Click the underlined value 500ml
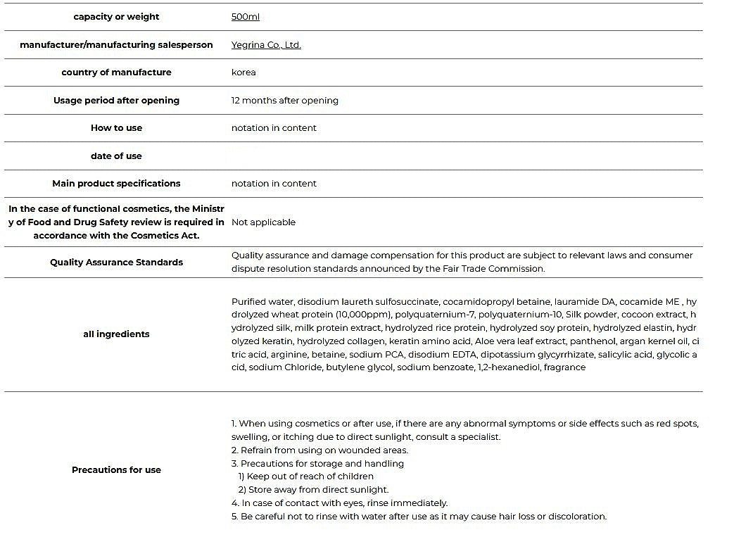(x=245, y=17)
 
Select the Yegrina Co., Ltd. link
(x=266, y=45)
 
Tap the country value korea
(x=243, y=72)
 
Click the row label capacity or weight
(x=116, y=17)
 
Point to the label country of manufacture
(x=116, y=72)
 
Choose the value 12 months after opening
(x=284, y=101)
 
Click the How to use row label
(x=116, y=128)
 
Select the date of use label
(x=116, y=156)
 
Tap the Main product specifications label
(x=116, y=184)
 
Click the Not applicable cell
(x=263, y=222)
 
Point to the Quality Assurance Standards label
(x=116, y=263)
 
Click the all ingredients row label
(x=116, y=334)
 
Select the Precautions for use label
(x=116, y=470)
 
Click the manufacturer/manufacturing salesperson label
(x=116, y=45)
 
